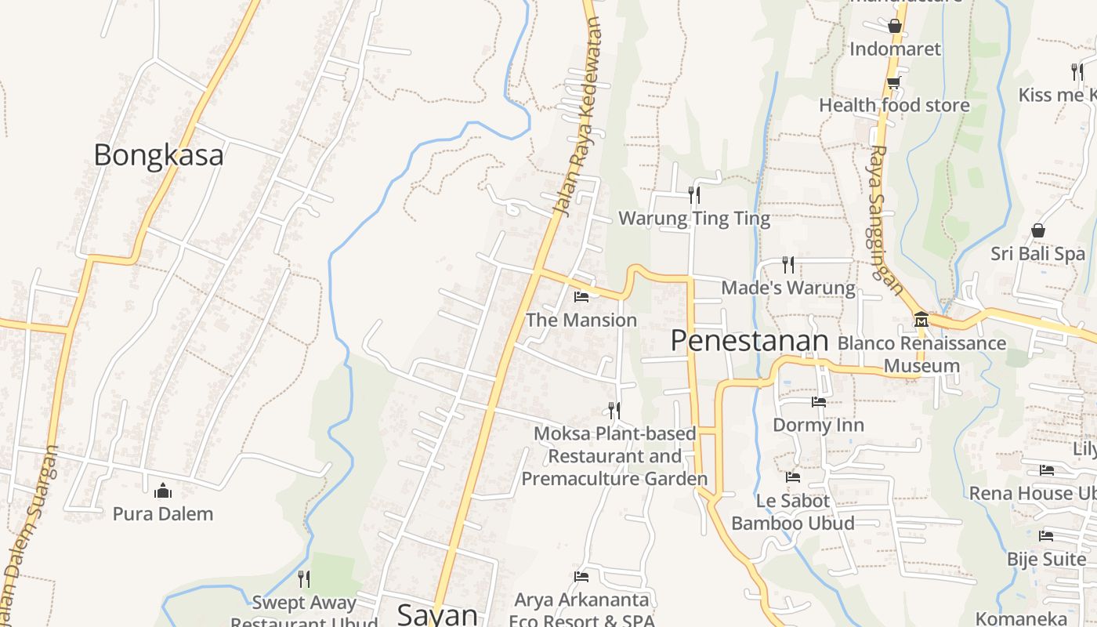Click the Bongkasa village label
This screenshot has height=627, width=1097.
point(158,155)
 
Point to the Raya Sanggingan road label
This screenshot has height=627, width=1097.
point(885,219)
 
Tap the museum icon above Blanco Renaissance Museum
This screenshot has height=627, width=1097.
point(921,320)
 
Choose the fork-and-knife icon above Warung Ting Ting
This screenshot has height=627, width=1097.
point(694,194)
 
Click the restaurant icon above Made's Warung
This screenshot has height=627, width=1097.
point(788,265)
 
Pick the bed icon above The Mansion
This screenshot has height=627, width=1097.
point(581,296)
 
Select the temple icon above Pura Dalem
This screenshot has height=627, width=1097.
point(163,491)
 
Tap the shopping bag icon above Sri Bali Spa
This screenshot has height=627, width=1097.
point(1038,230)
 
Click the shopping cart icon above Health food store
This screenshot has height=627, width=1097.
point(893,82)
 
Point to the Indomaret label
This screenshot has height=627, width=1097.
point(895,49)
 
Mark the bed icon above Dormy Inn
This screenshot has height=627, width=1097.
point(819,402)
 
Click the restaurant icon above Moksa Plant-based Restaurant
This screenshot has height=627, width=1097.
point(614,410)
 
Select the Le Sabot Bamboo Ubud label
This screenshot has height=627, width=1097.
point(793,512)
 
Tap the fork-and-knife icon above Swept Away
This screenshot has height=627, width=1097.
point(304,579)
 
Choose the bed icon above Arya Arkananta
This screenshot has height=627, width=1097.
point(581,577)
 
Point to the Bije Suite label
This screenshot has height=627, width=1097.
point(1046,560)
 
